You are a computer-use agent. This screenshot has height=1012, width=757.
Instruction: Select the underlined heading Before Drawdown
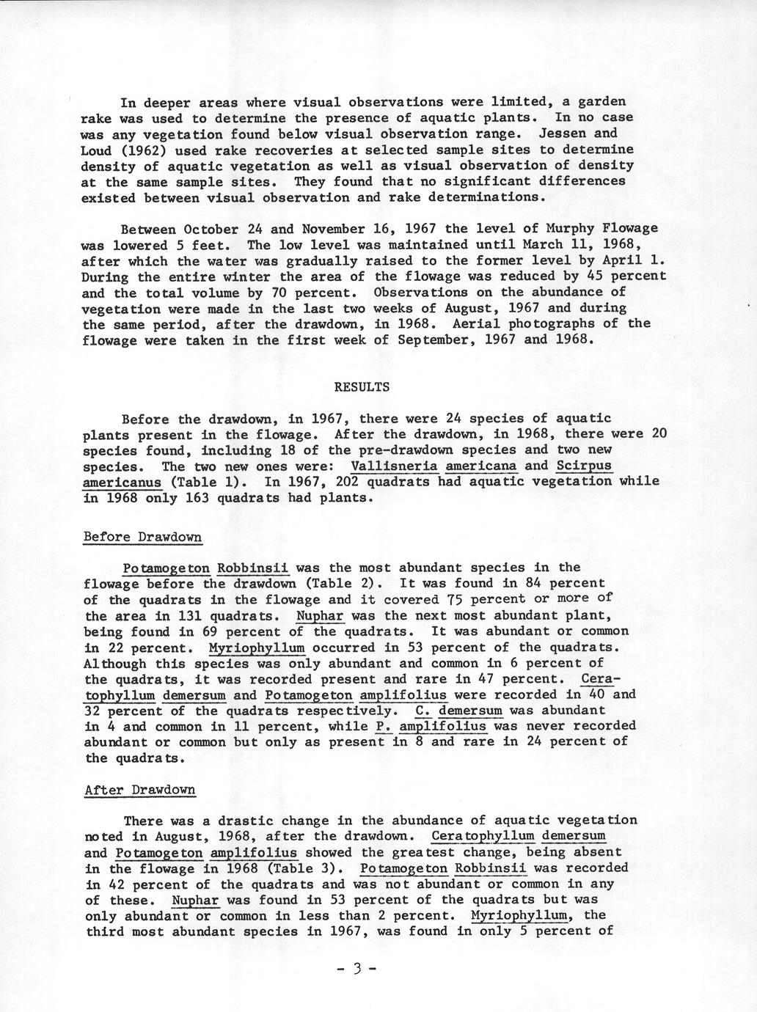point(143,537)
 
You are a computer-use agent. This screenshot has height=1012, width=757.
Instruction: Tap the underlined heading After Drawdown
point(140,790)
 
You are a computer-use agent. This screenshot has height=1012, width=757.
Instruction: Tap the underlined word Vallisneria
point(395,466)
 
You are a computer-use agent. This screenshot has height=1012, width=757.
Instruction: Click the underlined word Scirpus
point(584,466)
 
